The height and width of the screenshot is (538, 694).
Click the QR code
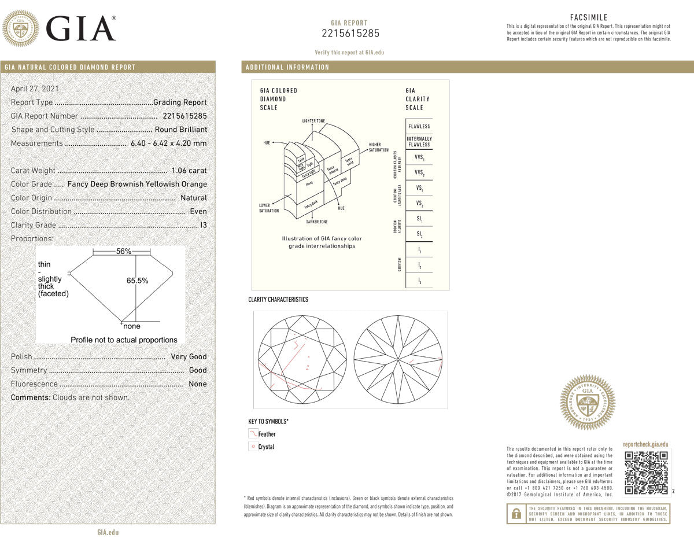pos(647,473)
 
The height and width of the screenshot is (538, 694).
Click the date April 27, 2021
pos(35,89)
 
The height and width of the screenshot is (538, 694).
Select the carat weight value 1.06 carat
pos(189,171)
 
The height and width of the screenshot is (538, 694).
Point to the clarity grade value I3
pos(202,225)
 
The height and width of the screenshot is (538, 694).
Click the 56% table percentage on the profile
pos(124,252)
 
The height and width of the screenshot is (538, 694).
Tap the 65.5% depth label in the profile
pos(138,281)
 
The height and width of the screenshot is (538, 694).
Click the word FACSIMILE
pos(589,17)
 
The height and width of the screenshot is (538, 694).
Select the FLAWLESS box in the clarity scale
pos(419,126)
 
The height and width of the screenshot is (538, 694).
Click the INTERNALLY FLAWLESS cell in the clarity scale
pos(419,142)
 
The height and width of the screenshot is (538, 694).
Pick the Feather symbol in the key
pos(253,433)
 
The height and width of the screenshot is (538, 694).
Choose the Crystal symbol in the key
pos(253,447)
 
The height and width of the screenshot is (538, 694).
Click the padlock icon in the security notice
pos(515,513)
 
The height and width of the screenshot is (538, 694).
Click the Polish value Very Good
pos(189,357)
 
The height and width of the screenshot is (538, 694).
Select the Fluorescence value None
pos(197,384)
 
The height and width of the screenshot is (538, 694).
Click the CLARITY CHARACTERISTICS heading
pos(278,300)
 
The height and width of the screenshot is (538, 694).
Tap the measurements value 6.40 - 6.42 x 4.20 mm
pos(168,143)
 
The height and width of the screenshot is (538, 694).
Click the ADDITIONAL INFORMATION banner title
pos(287,67)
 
